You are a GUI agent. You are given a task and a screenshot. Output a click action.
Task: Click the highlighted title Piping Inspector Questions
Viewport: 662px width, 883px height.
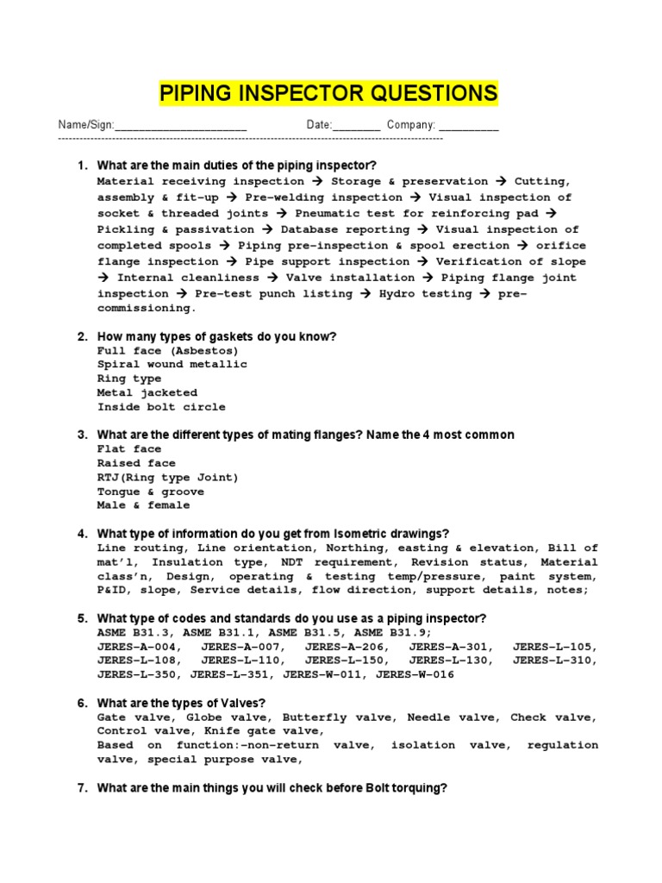[328, 93]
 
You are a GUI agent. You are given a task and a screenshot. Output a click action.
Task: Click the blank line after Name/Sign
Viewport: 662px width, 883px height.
[180, 126]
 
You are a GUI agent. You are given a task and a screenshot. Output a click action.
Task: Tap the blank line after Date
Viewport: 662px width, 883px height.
[356, 126]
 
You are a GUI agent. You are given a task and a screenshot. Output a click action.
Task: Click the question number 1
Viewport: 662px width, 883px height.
[82, 165]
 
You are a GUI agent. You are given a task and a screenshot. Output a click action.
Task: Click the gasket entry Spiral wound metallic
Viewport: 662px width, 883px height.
[172, 365]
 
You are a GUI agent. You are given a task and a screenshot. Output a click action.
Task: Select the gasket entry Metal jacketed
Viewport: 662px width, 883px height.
[147, 392]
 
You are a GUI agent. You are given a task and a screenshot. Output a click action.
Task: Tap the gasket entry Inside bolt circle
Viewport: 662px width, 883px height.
[161, 407]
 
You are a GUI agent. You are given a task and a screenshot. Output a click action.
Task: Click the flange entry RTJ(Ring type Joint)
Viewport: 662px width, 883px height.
[168, 477]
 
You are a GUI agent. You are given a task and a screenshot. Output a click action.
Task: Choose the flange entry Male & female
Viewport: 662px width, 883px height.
[144, 505]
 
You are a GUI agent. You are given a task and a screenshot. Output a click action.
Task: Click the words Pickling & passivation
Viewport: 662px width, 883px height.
[176, 230]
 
